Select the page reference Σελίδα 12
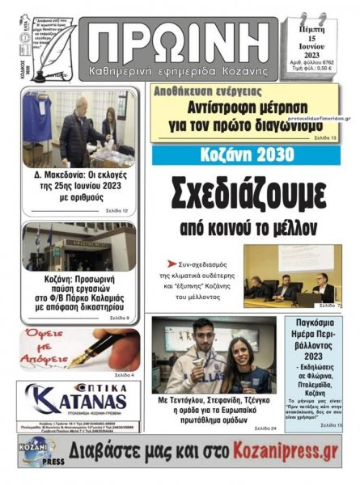click(x=116, y=211)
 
